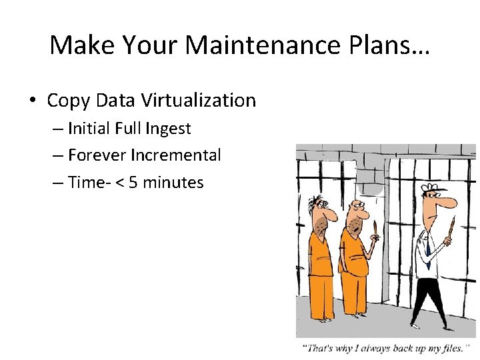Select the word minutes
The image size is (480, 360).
[x=173, y=182]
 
